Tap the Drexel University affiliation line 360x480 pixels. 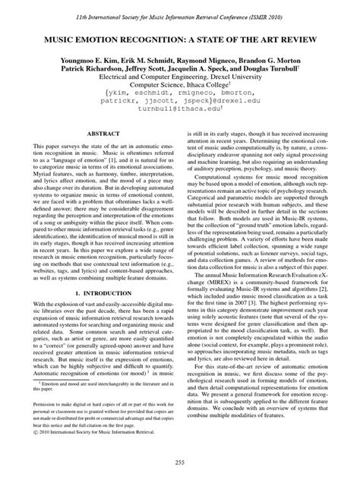click(180, 77)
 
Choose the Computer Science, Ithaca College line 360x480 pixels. click(179, 87)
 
